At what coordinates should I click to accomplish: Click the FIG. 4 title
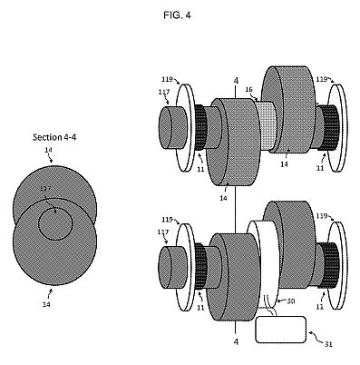177,15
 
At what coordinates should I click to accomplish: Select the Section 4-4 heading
54,137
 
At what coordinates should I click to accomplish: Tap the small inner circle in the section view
55,223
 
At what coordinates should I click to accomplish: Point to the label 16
248,89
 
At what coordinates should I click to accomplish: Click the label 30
290,301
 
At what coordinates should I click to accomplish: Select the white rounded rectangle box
281,330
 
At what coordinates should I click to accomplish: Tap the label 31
328,344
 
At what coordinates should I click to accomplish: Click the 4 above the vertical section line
236,81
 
